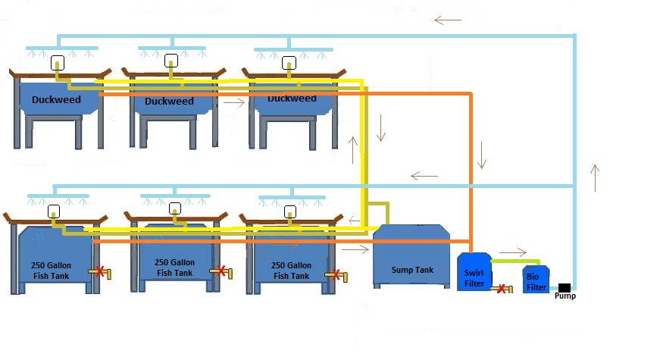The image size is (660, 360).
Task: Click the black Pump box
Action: [x=564, y=287]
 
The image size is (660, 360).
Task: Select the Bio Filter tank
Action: [x=536, y=281]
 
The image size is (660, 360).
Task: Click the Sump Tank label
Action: [x=412, y=270]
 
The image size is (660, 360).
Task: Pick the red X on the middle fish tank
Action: [x=220, y=271]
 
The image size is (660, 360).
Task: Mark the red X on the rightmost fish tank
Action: [x=333, y=274]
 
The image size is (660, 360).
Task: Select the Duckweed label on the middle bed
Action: [x=169, y=101]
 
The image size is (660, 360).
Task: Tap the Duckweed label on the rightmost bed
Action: [x=292, y=99]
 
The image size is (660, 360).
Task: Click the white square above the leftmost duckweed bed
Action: [x=57, y=64]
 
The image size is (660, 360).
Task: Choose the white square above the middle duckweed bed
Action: [x=171, y=60]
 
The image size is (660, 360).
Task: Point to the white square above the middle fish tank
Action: [x=175, y=208]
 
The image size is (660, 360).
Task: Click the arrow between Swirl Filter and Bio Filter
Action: [x=512, y=252]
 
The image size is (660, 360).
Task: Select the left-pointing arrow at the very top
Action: [x=448, y=20]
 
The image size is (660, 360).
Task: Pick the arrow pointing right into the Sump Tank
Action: [x=352, y=248]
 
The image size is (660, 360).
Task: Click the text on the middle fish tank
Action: [x=174, y=268]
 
